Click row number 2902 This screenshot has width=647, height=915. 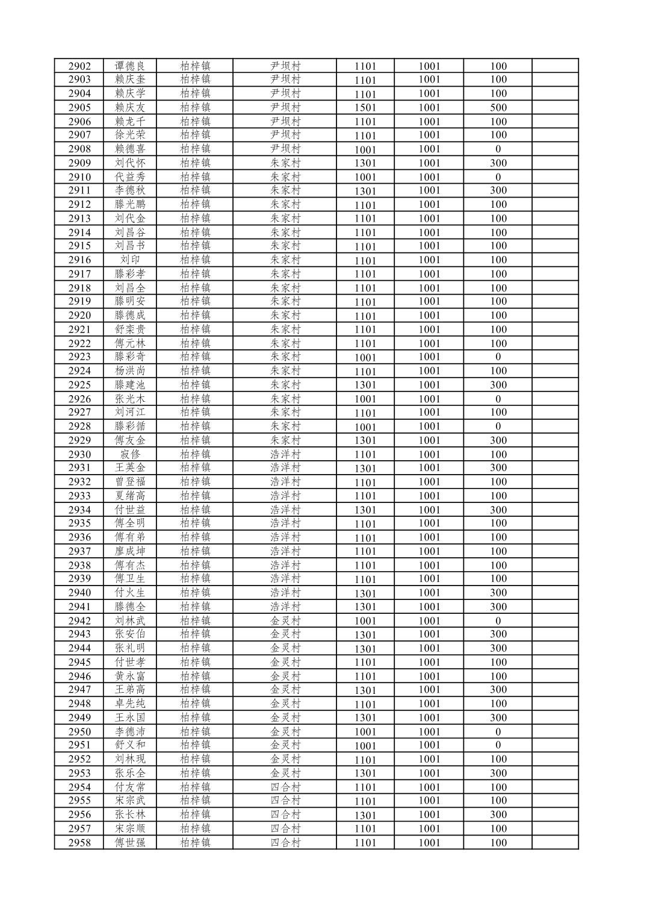coord(79,66)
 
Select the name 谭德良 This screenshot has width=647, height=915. coord(130,66)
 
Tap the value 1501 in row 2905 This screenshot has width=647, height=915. coord(365,108)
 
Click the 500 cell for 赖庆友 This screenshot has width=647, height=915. coord(498,108)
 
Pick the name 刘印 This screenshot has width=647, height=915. coord(130,260)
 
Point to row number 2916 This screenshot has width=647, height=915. coord(79,260)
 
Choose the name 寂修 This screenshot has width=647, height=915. coord(130,454)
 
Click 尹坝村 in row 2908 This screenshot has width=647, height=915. coord(285,149)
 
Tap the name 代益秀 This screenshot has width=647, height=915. coord(130,177)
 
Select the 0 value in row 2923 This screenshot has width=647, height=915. coord(498,357)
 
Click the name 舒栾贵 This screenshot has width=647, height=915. coord(130,329)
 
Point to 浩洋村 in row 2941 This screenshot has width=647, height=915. coord(285,607)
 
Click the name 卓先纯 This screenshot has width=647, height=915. coord(130,704)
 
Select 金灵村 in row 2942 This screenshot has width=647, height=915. coord(285,620)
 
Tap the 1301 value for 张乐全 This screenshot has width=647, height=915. coord(365,773)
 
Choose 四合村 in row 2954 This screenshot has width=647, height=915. coord(285,787)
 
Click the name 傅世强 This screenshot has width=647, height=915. coord(130,843)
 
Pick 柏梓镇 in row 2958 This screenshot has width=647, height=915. coord(195,843)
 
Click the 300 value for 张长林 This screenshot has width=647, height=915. coord(498,814)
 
